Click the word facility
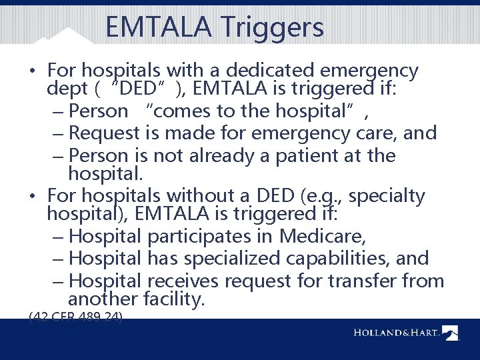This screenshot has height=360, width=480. pos(170,300)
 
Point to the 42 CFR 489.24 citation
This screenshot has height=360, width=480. pos(75,318)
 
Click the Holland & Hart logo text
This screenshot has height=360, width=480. pos(396,333)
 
